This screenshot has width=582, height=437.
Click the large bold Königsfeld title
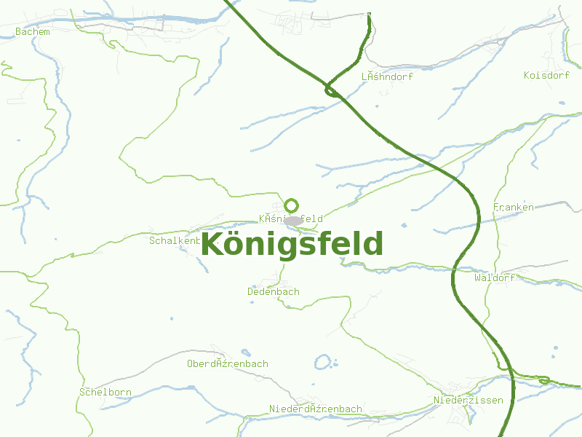pyautogui.click(x=292, y=245)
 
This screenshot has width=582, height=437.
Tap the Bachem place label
pyautogui.click(x=33, y=32)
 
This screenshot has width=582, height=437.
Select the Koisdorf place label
pyautogui.click(x=546, y=76)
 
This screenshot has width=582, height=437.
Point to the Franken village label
pyautogui.click(x=513, y=208)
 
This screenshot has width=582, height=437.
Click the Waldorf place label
pyautogui.click(x=494, y=278)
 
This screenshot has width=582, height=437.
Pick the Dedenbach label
pyautogui.click(x=273, y=292)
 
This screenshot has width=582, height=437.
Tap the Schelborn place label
pyautogui.click(x=105, y=393)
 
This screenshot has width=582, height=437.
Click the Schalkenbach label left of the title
pyautogui.click(x=174, y=240)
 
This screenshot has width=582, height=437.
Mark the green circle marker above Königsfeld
pyautogui.click(x=292, y=205)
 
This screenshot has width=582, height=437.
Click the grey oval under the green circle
pyautogui.click(x=293, y=221)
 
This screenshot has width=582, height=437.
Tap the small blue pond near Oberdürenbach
pyautogui.click(x=322, y=361)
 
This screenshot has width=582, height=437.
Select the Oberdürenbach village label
pyautogui.click(x=227, y=364)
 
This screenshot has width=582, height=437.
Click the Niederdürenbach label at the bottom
pyautogui.click(x=315, y=409)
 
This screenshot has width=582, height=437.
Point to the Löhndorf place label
pyautogui.click(x=387, y=76)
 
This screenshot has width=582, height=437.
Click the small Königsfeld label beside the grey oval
pyautogui.click(x=291, y=219)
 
